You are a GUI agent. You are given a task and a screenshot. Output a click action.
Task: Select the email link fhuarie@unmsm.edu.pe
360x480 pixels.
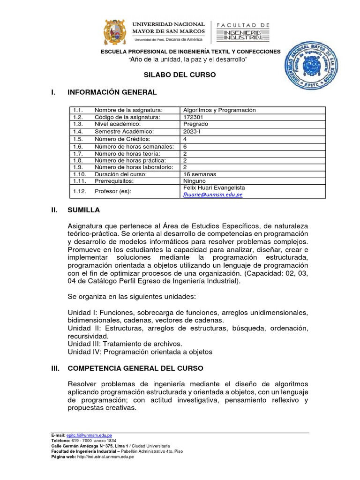[212, 195]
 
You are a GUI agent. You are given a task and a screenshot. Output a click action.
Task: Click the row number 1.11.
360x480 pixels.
[78, 180]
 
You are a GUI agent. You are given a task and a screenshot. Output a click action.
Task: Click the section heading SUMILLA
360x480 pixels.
[83, 210]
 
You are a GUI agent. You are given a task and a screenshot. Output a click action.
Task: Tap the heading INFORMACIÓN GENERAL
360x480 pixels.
[112, 92]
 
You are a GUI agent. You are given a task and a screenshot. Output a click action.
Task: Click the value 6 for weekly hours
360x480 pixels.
[185, 146]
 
